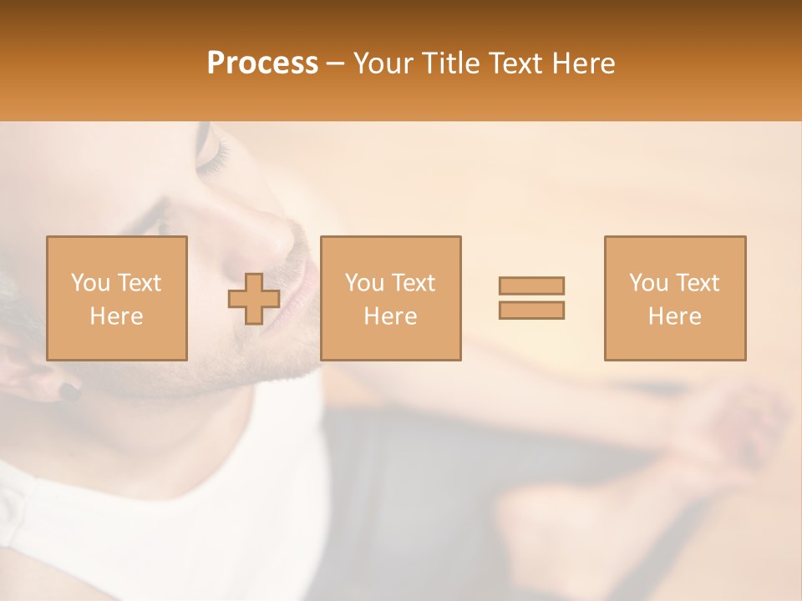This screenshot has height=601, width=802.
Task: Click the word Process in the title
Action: pos(262,63)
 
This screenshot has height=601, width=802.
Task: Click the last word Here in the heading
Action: pos(581,63)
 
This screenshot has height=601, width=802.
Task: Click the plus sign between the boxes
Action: pos(254,299)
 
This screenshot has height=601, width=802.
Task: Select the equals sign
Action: pos(531,298)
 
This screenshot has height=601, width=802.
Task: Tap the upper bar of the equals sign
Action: pos(531,285)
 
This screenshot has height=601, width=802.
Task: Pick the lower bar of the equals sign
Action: pos(531,311)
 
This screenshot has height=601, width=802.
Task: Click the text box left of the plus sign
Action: pos(117,298)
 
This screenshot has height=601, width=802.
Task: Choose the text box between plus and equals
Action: pos(390,298)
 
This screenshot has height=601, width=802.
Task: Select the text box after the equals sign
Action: pos(675,298)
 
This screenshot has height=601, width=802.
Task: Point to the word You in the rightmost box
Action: pos(648,283)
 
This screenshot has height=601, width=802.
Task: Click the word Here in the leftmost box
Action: pos(116,316)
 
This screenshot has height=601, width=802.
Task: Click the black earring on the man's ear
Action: pos(67,389)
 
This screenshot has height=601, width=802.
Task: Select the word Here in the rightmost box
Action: pos(675,316)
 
